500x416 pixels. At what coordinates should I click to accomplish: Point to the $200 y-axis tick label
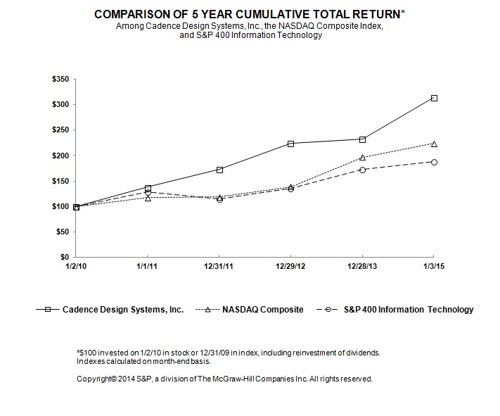[60, 156]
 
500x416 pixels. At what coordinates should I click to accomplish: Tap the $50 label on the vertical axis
[62, 232]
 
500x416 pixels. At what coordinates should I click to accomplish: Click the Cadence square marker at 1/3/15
[434, 98]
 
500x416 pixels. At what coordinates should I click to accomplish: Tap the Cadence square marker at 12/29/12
[290, 144]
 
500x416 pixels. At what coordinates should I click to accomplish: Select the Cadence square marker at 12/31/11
[219, 170]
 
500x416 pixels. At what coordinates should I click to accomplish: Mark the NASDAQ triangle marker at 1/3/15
[434, 144]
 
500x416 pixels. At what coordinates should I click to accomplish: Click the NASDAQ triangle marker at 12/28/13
[362, 158]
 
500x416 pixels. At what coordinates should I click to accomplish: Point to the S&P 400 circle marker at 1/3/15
[434, 162]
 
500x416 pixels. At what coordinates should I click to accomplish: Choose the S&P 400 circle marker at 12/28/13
[362, 170]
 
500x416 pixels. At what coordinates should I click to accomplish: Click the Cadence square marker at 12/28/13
[362, 139]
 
